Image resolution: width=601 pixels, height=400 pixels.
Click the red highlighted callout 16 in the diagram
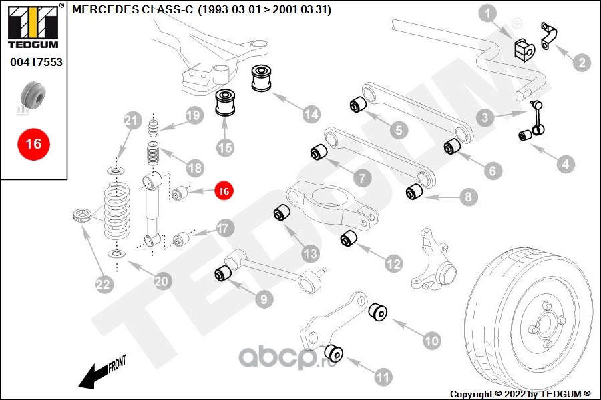[x=223, y=191]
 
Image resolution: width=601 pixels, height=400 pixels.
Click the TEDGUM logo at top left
[x=33, y=27]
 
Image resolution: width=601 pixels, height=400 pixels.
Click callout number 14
[x=311, y=114]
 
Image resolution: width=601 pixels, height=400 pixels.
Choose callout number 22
[x=102, y=285]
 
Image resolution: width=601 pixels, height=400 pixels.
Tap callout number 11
[x=383, y=377]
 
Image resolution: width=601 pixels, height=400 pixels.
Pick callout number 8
[x=467, y=197]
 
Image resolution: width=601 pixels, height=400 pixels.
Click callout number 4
[x=566, y=164]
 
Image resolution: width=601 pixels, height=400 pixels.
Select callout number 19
[x=194, y=115]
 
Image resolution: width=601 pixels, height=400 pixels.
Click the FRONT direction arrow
[x=100, y=373]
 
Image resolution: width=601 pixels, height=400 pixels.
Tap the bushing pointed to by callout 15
[x=226, y=104]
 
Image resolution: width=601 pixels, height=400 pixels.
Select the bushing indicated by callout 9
[x=222, y=273]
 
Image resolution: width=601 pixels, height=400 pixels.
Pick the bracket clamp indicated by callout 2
[x=548, y=37]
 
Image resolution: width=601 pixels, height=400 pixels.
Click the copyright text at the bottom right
[x=521, y=393]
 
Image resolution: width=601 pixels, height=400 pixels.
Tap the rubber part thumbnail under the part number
[x=33, y=96]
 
